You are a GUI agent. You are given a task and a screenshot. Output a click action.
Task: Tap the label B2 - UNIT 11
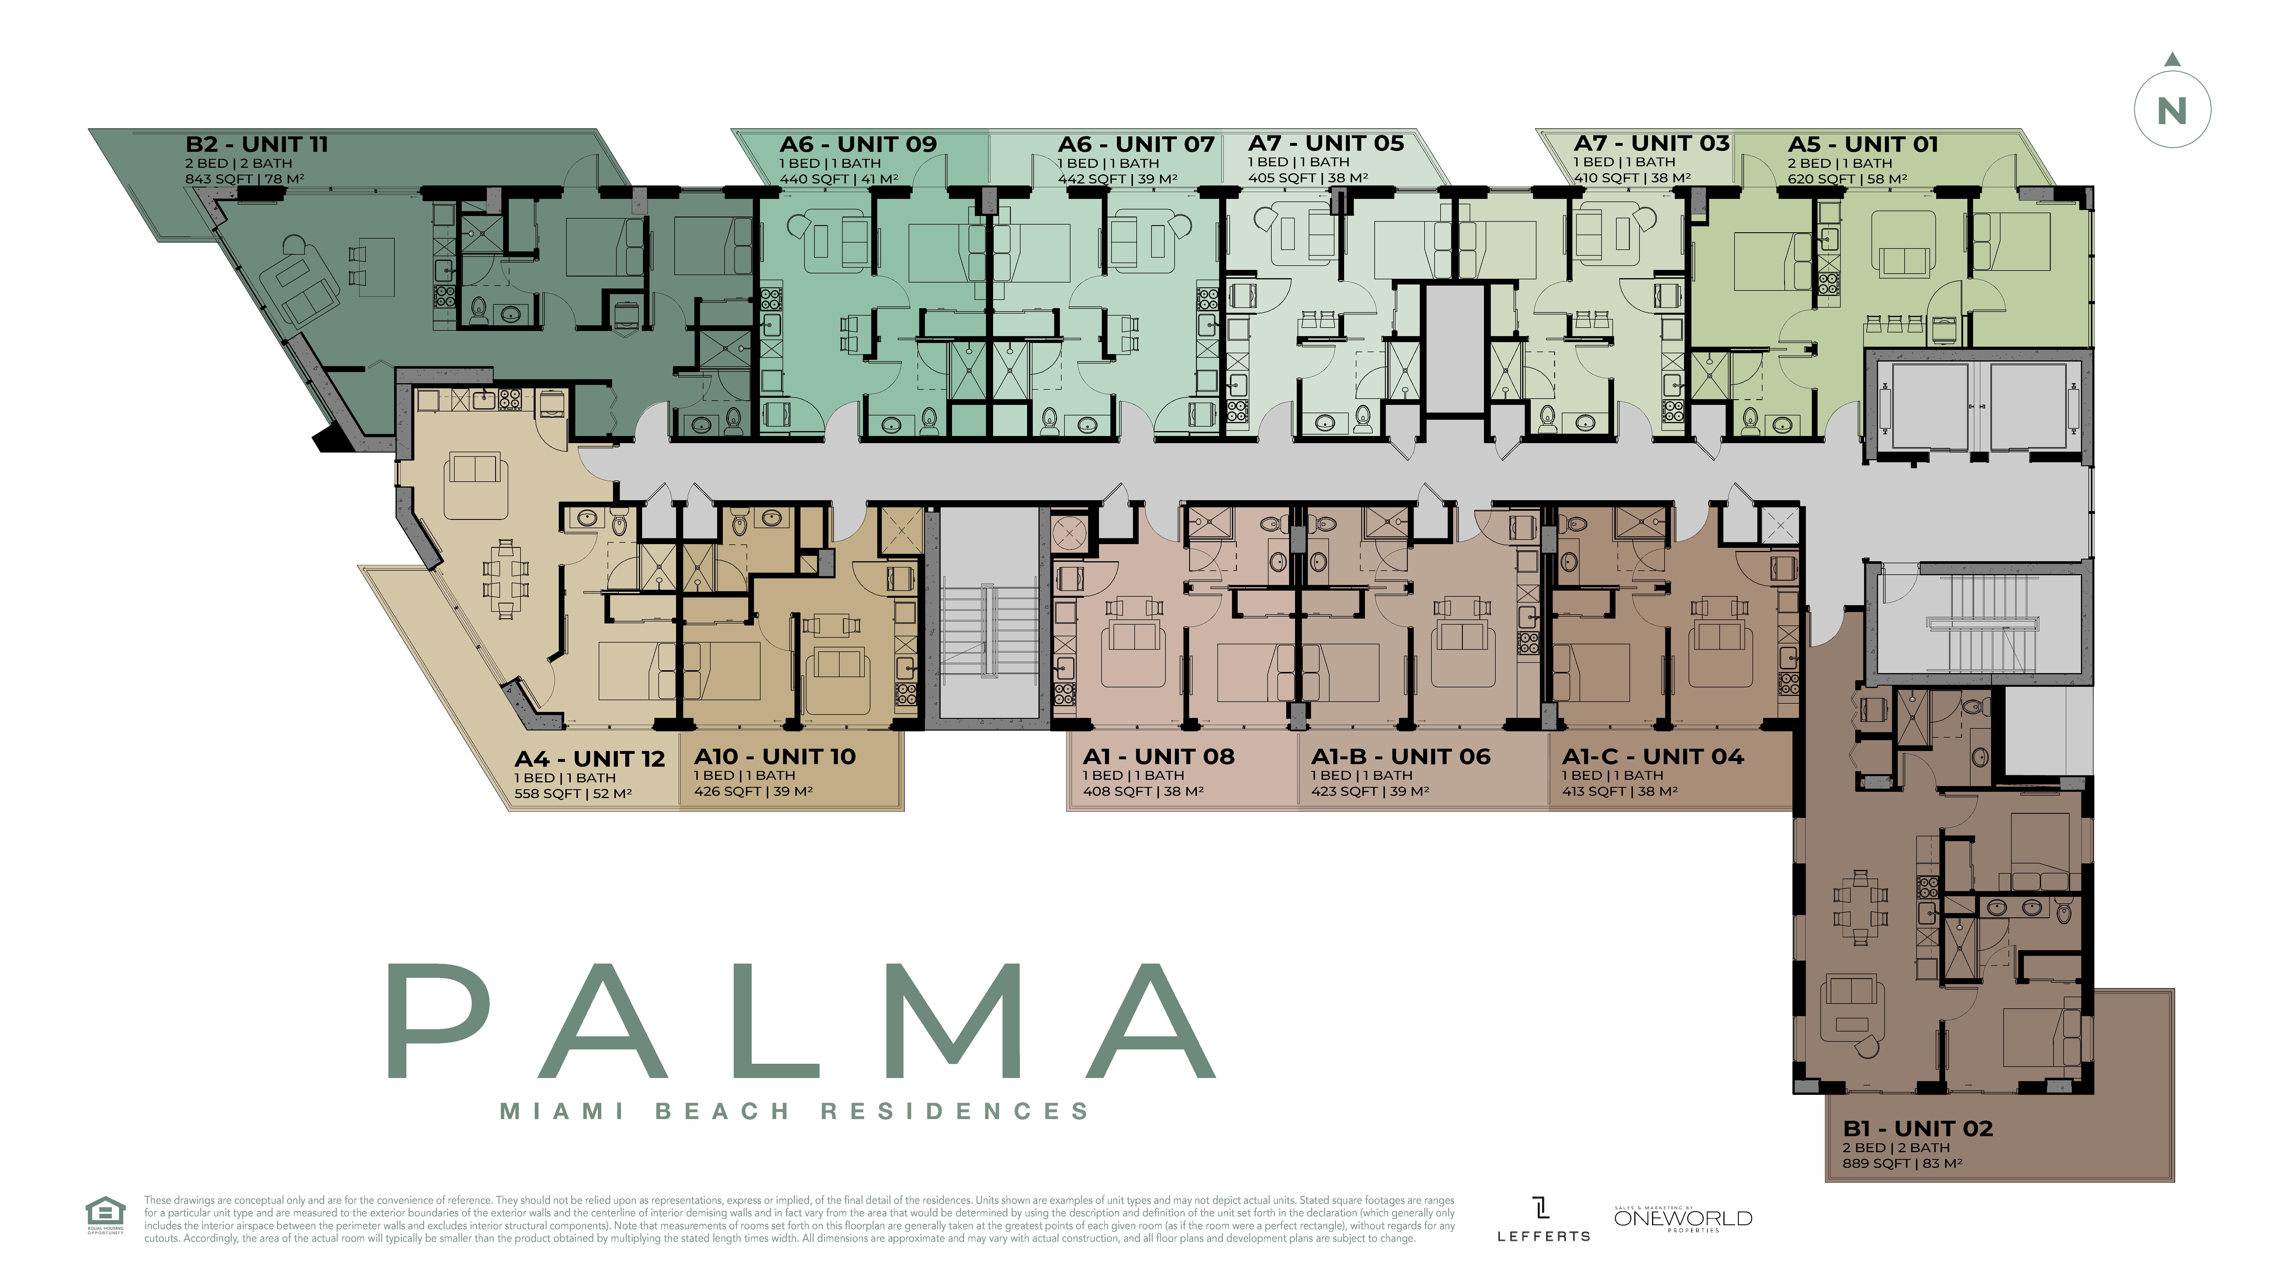tap(257, 144)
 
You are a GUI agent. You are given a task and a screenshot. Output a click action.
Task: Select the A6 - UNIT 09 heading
tap(858, 144)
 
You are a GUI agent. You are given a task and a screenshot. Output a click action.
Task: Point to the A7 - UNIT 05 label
tap(1326, 144)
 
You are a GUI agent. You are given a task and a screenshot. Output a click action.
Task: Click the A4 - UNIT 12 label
tap(589, 759)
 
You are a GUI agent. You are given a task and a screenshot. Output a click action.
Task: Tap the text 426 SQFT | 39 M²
tap(753, 791)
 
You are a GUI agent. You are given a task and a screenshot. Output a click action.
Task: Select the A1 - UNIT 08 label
tap(1158, 757)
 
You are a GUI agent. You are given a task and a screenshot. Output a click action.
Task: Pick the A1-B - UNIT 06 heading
tap(1400, 757)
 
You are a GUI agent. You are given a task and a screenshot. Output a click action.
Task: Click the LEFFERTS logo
tap(1543, 1220)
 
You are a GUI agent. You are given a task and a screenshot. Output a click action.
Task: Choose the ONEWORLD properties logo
tap(1683, 1218)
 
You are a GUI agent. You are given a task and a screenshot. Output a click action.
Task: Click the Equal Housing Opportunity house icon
tap(104, 1213)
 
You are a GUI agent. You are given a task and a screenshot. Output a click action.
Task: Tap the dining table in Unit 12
tap(505, 579)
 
